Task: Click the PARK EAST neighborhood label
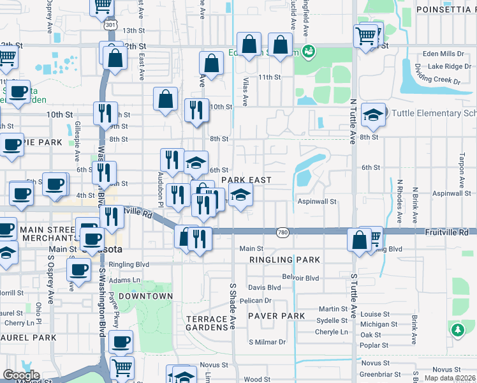point(247,181)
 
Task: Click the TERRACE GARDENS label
point(207,323)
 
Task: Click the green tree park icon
point(457,330)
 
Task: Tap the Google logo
point(22,375)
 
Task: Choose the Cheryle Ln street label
point(331,332)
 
